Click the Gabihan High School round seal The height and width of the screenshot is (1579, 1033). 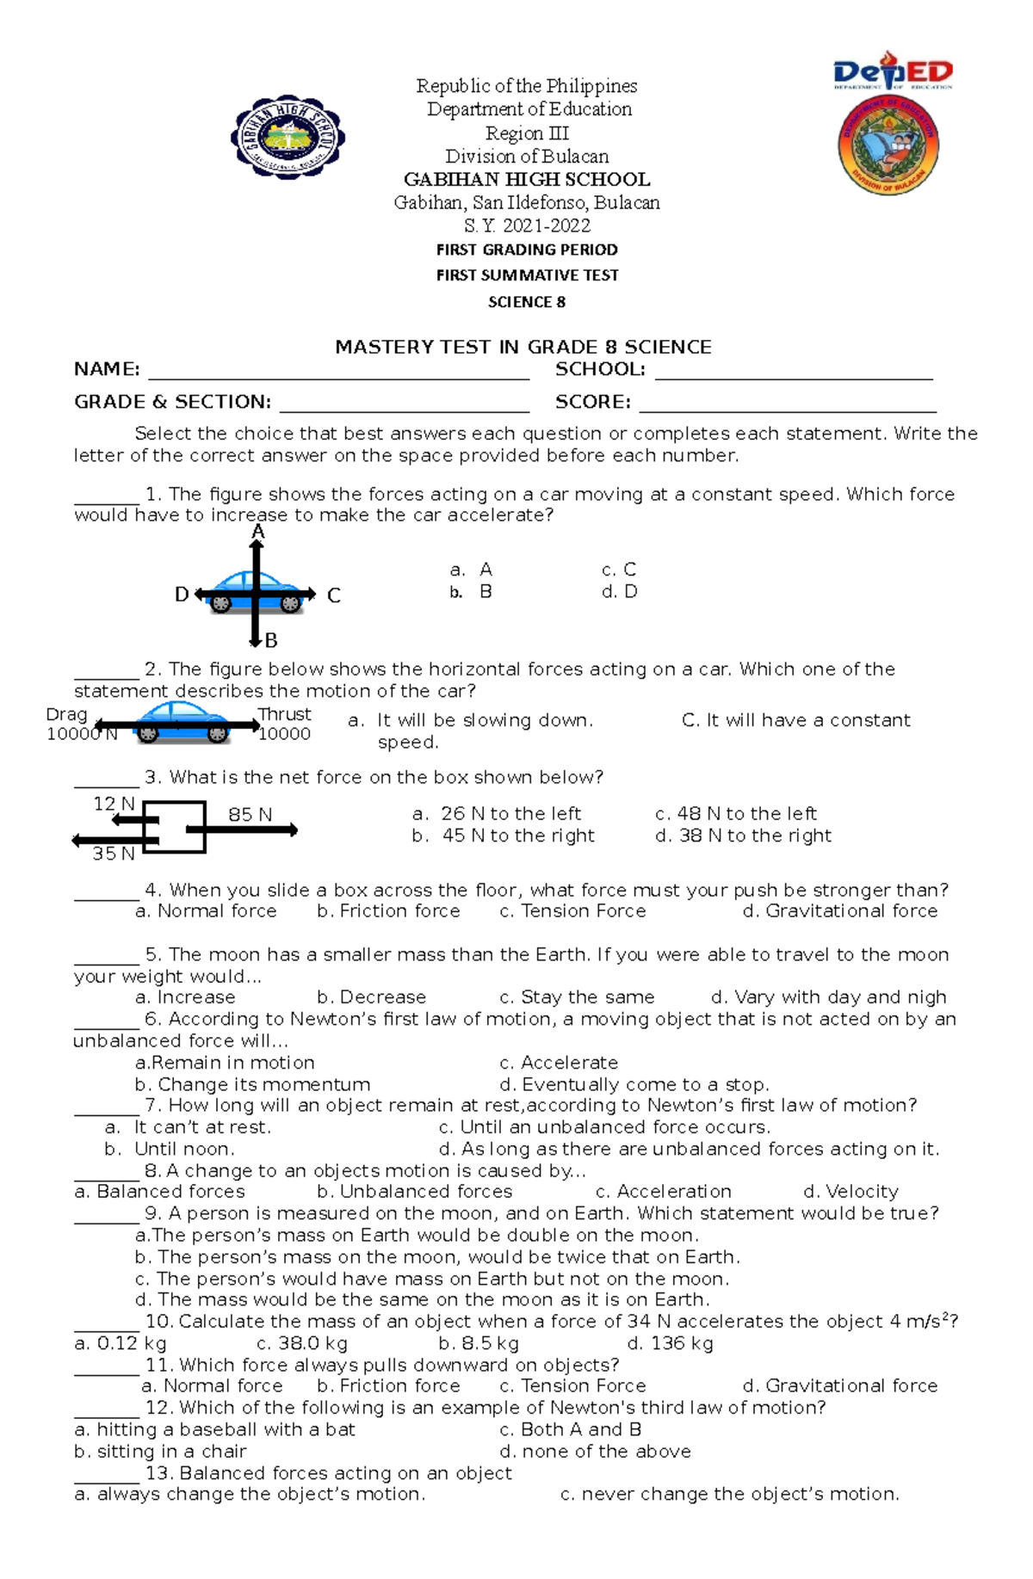point(288,138)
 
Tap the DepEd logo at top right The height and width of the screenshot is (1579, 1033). point(893,73)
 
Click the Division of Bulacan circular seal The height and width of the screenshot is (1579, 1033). point(888,145)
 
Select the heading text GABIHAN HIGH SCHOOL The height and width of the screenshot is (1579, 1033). point(527,180)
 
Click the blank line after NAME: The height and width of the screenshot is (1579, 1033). point(338,372)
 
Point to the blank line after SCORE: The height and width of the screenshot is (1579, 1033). point(787,404)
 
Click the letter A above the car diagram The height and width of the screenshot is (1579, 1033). point(257,533)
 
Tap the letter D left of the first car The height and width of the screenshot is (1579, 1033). point(182,595)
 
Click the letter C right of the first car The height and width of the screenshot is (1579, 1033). point(334,595)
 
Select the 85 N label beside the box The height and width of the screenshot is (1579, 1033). point(250,814)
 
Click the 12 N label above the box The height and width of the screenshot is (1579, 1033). point(114,804)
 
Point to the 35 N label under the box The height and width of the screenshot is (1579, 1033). point(114,854)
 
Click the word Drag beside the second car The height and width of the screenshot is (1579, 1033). point(66,714)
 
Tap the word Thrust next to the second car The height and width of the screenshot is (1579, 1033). point(285,714)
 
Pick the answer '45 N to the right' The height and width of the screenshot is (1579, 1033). point(517,836)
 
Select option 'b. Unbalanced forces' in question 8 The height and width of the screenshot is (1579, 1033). point(414,1192)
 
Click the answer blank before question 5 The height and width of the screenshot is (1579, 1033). point(106,957)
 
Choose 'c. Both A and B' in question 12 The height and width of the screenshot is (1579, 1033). point(570,1429)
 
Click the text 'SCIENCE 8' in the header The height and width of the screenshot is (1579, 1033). point(527,302)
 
